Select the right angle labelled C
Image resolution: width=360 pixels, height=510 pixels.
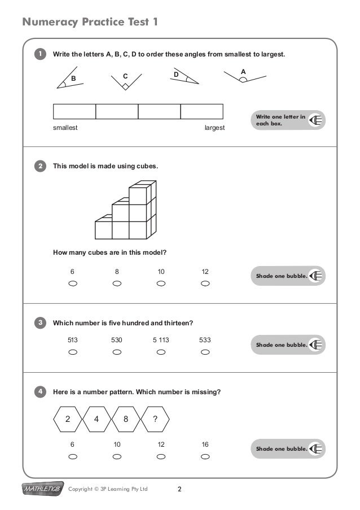coord(126,82)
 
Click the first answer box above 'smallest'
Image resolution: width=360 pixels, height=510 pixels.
coord(74,111)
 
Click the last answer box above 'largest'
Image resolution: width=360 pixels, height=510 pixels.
coord(201,111)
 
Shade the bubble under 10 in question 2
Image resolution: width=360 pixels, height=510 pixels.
coord(161,284)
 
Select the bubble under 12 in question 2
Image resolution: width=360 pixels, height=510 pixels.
coord(205,284)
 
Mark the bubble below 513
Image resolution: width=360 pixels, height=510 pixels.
coord(72,352)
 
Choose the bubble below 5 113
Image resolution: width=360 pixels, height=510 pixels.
coord(161,352)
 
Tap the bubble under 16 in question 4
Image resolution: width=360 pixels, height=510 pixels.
coord(205,456)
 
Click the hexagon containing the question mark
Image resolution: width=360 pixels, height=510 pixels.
coord(155,419)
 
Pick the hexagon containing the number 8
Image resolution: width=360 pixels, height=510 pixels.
coord(125,419)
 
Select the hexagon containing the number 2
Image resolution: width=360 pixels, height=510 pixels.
coord(68,419)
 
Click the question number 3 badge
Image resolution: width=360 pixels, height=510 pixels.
coord(39,323)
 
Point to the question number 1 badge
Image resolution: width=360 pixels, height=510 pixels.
coord(39,54)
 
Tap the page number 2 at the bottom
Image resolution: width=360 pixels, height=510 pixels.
coord(179,489)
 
